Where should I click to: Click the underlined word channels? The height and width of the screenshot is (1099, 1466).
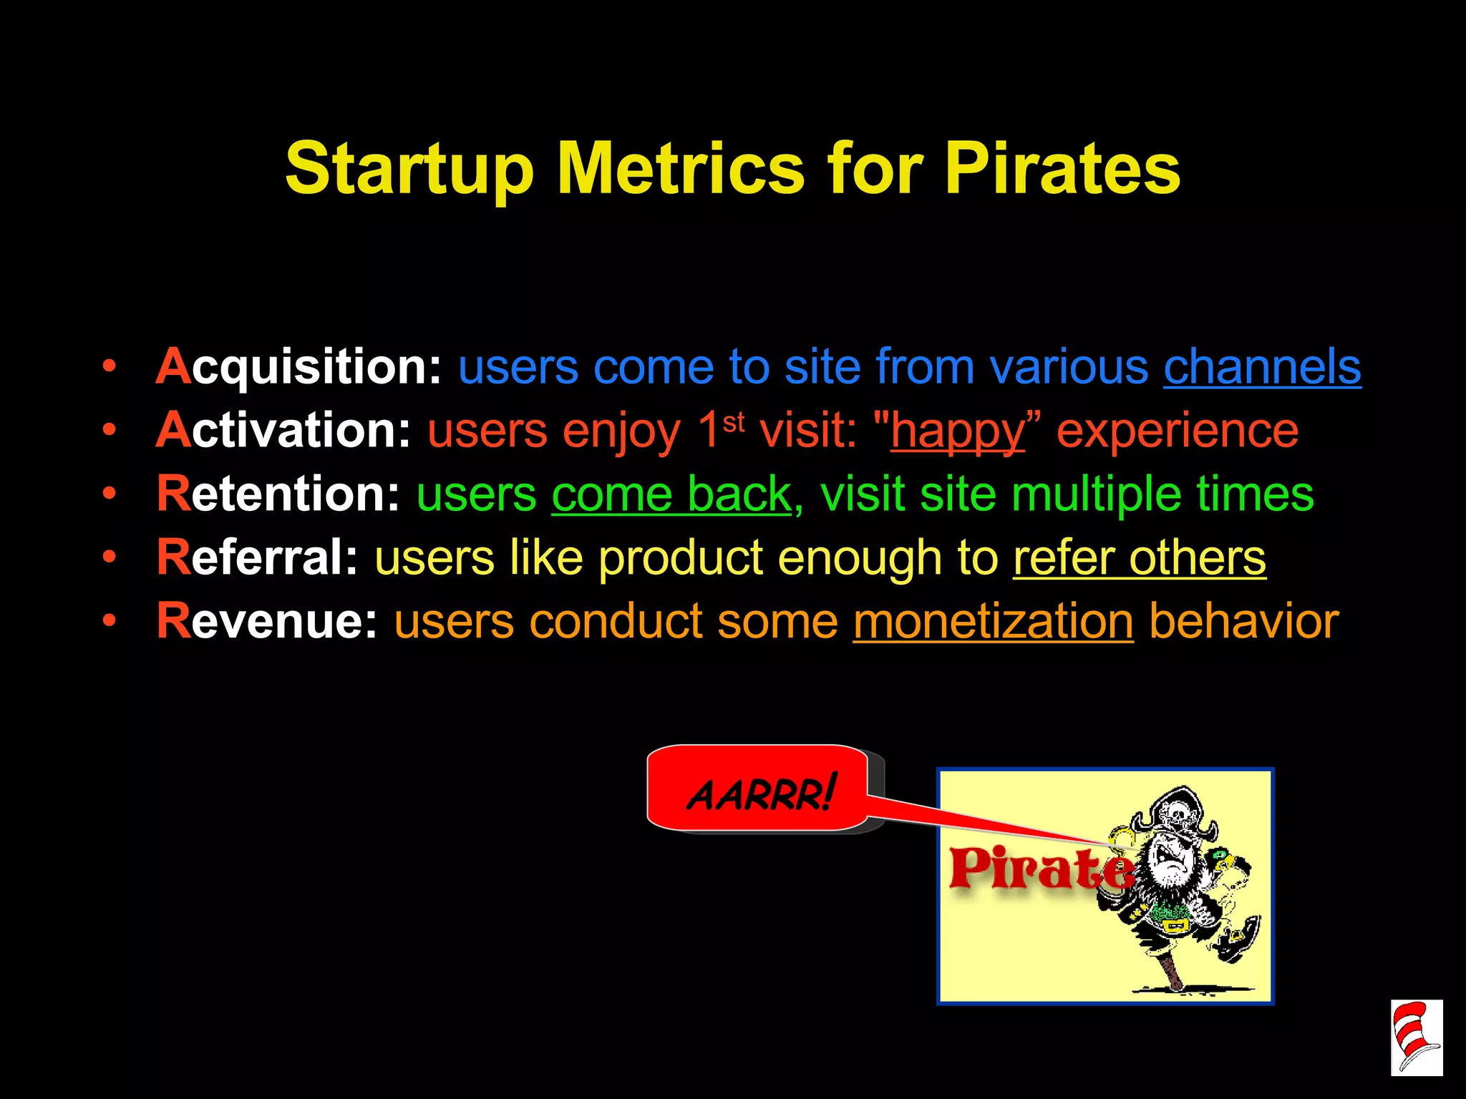(x=1262, y=367)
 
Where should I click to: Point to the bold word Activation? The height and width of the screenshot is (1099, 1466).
(x=283, y=430)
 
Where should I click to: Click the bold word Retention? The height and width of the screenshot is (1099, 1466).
(x=278, y=494)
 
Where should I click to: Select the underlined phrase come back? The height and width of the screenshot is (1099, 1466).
(x=671, y=494)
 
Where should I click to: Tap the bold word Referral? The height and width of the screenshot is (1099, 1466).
(x=257, y=557)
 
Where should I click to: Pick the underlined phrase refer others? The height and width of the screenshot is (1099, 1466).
(x=1139, y=557)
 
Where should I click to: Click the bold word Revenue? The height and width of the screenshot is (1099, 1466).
(x=267, y=620)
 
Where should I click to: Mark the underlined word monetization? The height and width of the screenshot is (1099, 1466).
(x=993, y=620)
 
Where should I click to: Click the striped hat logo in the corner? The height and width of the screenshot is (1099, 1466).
(x=1416, y=1037)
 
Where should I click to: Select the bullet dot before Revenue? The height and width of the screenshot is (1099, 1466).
(x=109, y=620)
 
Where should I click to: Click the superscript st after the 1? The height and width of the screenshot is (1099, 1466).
(x=734, y=422)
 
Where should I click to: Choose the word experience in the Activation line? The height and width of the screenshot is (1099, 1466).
(x=1178, y=430)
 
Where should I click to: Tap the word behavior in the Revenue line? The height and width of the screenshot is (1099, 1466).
(x=1243, y=620)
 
